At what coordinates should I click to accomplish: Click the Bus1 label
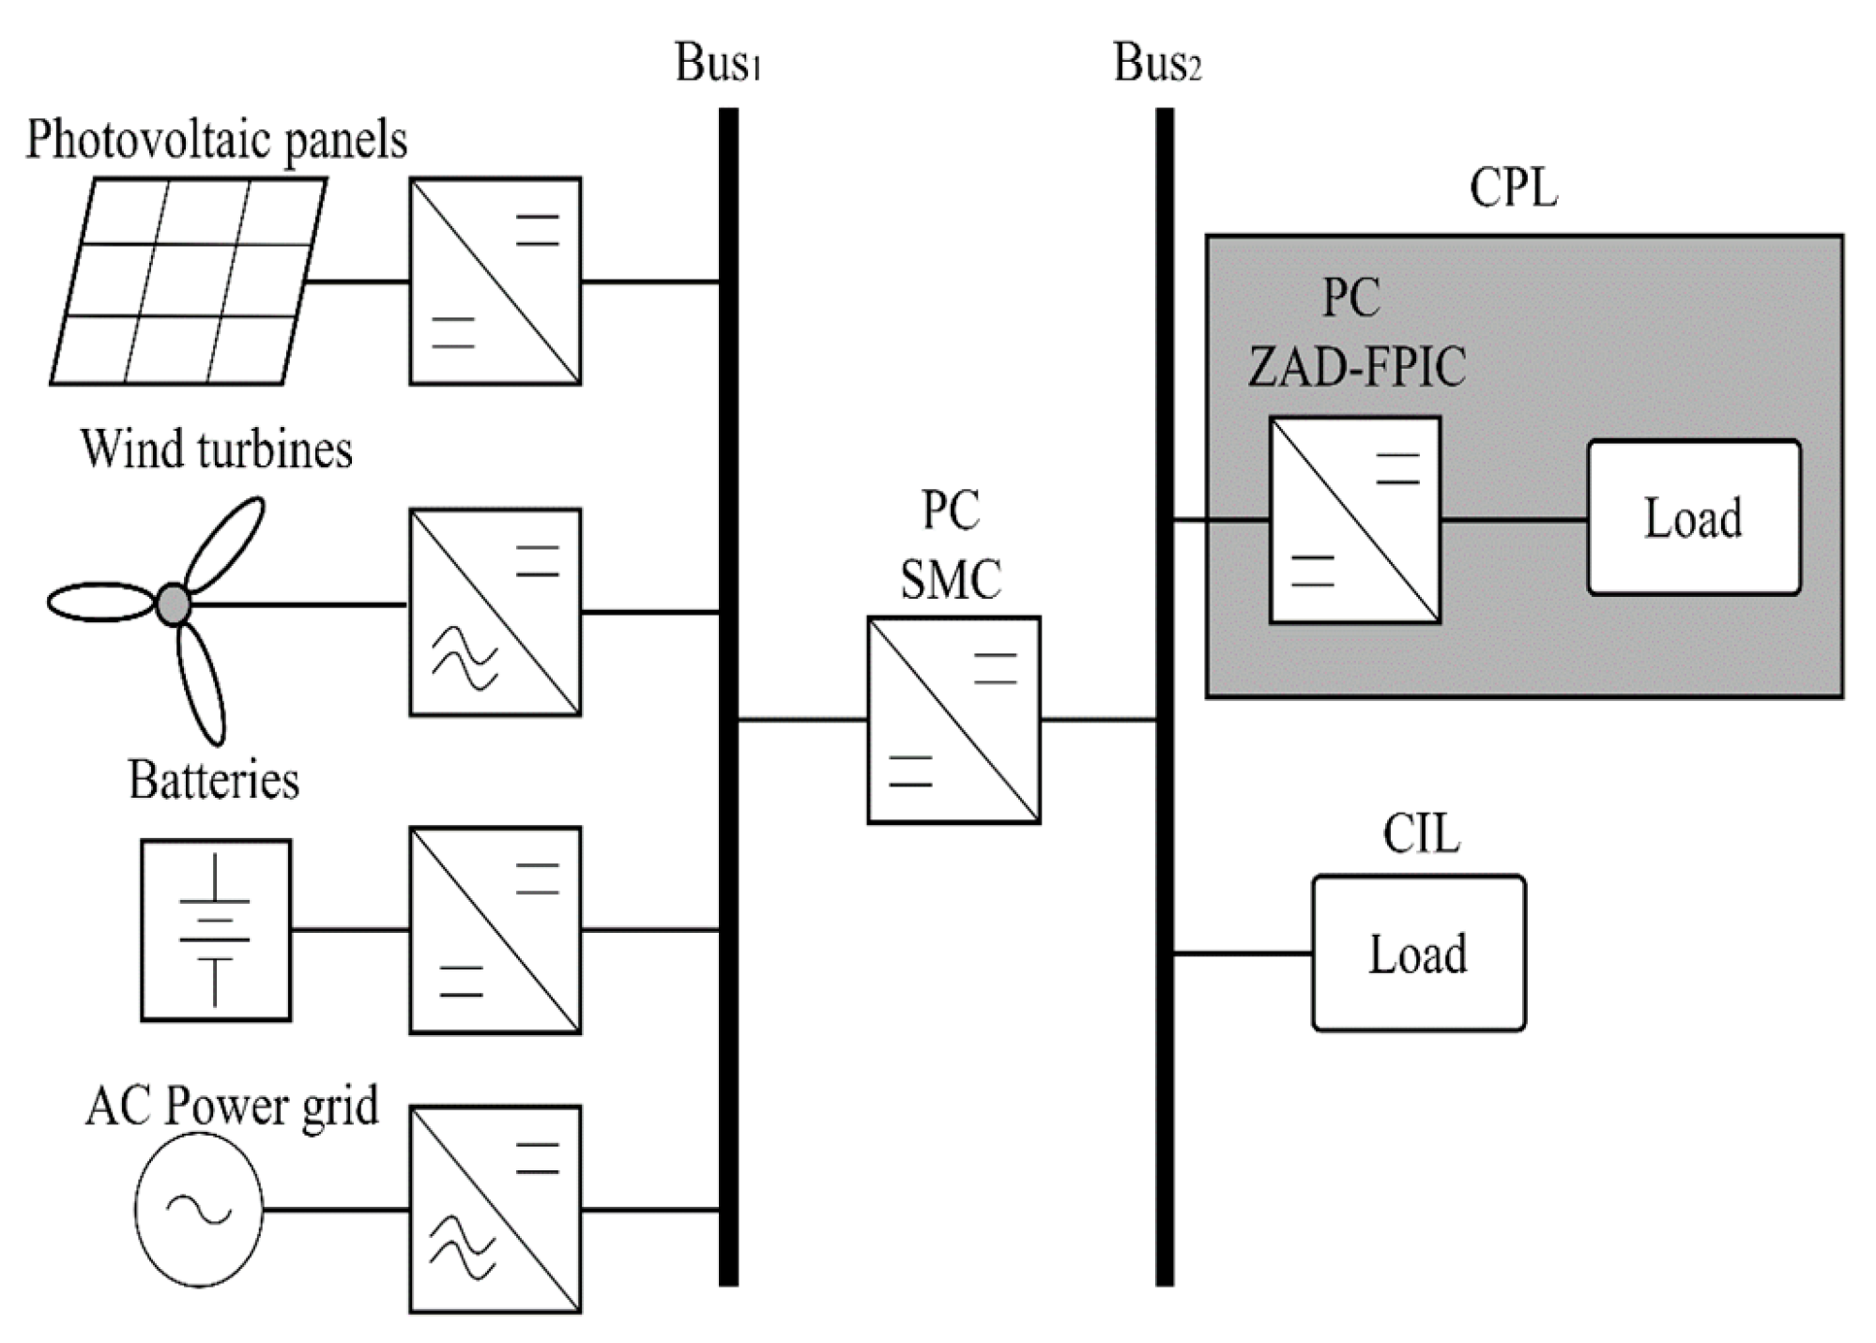click(x=717, y=64)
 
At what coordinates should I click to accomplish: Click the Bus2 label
click(x=1155, y=64)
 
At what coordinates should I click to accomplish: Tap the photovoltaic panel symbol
click(x=188, y=282)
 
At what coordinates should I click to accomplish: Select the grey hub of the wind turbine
click(x=173, y=603)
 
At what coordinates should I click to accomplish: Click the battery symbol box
click(x=216, y=930)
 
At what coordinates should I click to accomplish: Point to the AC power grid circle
click(x=199, y=1210)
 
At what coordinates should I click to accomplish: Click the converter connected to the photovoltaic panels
click(x=495, y=281)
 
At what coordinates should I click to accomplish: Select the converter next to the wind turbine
click(x=495, y=612)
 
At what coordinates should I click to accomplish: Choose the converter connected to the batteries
click(x=495, y=930)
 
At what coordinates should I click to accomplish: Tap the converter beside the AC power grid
click(x=495, y=1210)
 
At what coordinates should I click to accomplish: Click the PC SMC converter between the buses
click(x=953, y=720)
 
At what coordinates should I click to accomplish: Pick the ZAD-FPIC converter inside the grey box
click(x=1354, y=520)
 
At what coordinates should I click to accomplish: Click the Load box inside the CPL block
click(x=1693, y=517)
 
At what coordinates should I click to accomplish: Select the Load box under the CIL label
click(x=1418, y=954)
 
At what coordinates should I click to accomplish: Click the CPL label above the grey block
click(x=1513, y=188)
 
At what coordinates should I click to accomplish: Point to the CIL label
click(x=1420, y=833)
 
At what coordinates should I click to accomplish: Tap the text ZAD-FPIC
click(x=1356, y=366)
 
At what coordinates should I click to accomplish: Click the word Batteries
click(x=213, y=781)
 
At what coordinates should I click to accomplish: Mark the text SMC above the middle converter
click(x=951, y=579)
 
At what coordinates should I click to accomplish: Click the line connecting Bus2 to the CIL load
click(x=1243, y=954)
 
